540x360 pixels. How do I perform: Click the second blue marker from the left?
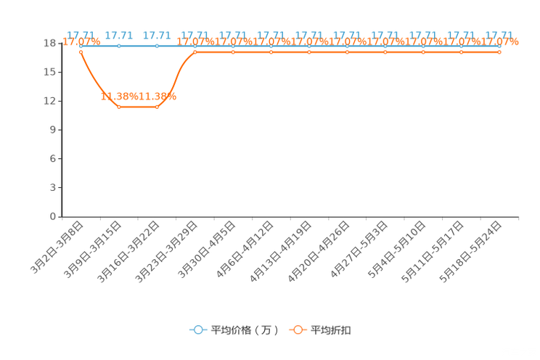[119, 46]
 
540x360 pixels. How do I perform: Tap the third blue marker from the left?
[157, 46]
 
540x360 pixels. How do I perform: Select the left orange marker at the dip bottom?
[119, 107]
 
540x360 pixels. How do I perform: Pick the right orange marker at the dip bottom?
[157, 107]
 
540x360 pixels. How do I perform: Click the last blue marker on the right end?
[499, 46]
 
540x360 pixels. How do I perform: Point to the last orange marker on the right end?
[499, 52]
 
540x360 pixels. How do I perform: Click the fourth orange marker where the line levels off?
[195, 52]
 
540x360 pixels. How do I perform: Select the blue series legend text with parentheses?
[244, 330]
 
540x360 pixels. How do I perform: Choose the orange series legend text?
[332, 330]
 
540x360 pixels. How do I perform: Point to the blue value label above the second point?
[118, 35]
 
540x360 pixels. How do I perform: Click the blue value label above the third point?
[157, 35]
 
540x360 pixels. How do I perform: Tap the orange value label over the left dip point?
[119, 97]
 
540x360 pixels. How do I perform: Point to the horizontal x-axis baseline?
[290, 216]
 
